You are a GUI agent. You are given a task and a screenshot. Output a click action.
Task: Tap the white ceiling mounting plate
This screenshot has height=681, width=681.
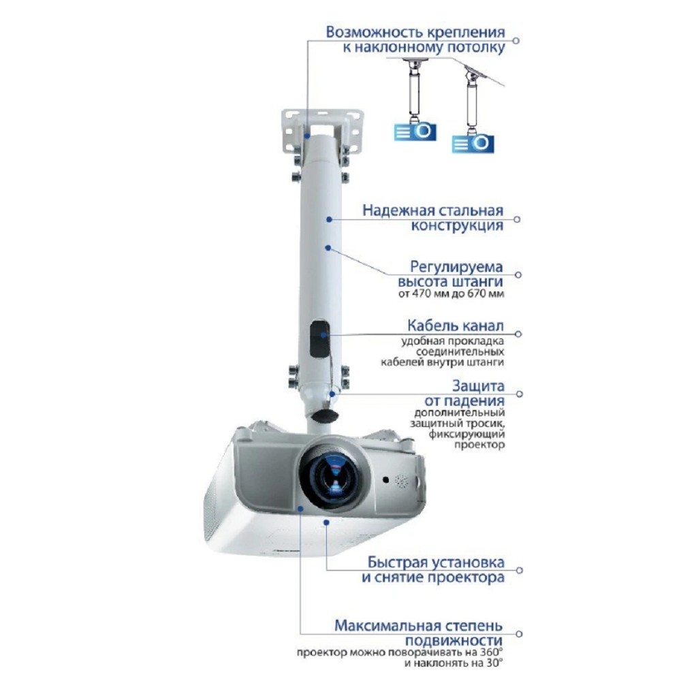click(x=322, y=130)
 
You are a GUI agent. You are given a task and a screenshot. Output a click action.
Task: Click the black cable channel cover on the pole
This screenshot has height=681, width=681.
click(x=319, y=338)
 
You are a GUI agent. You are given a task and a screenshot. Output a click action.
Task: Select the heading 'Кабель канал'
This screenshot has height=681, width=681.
click(x=456, y=326)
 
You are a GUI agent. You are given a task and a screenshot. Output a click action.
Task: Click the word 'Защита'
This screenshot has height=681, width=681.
click(x=478, y=385)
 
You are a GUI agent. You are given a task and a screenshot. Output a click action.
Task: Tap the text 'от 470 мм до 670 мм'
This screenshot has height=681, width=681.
click(x=452, y=294)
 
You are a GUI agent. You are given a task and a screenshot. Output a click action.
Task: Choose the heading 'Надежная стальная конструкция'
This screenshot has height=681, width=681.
click(x=433, y=218)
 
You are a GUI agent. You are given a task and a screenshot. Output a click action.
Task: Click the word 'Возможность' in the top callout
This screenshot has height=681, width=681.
click(x=373, y=32)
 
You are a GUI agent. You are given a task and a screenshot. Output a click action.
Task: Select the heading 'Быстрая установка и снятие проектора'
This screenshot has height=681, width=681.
click(x=433, y=570)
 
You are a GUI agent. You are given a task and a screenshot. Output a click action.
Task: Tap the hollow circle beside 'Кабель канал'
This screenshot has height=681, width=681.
click(x=518, y=334)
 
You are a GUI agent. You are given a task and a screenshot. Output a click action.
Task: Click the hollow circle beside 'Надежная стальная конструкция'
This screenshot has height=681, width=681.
click(x=517, y=219)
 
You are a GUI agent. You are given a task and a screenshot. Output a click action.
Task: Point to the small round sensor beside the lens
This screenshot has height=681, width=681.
click(x=385, y=480)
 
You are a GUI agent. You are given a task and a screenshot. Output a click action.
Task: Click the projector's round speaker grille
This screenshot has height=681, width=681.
click(x=401, y=481)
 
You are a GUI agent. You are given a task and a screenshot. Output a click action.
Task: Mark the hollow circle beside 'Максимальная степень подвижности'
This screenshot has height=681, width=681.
click(x=518, y=633)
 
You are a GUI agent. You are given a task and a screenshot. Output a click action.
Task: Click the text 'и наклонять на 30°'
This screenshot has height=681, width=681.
click(x=454, y=663)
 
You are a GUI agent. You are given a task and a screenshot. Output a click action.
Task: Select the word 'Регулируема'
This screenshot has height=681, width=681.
click(x=456, y=266)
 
